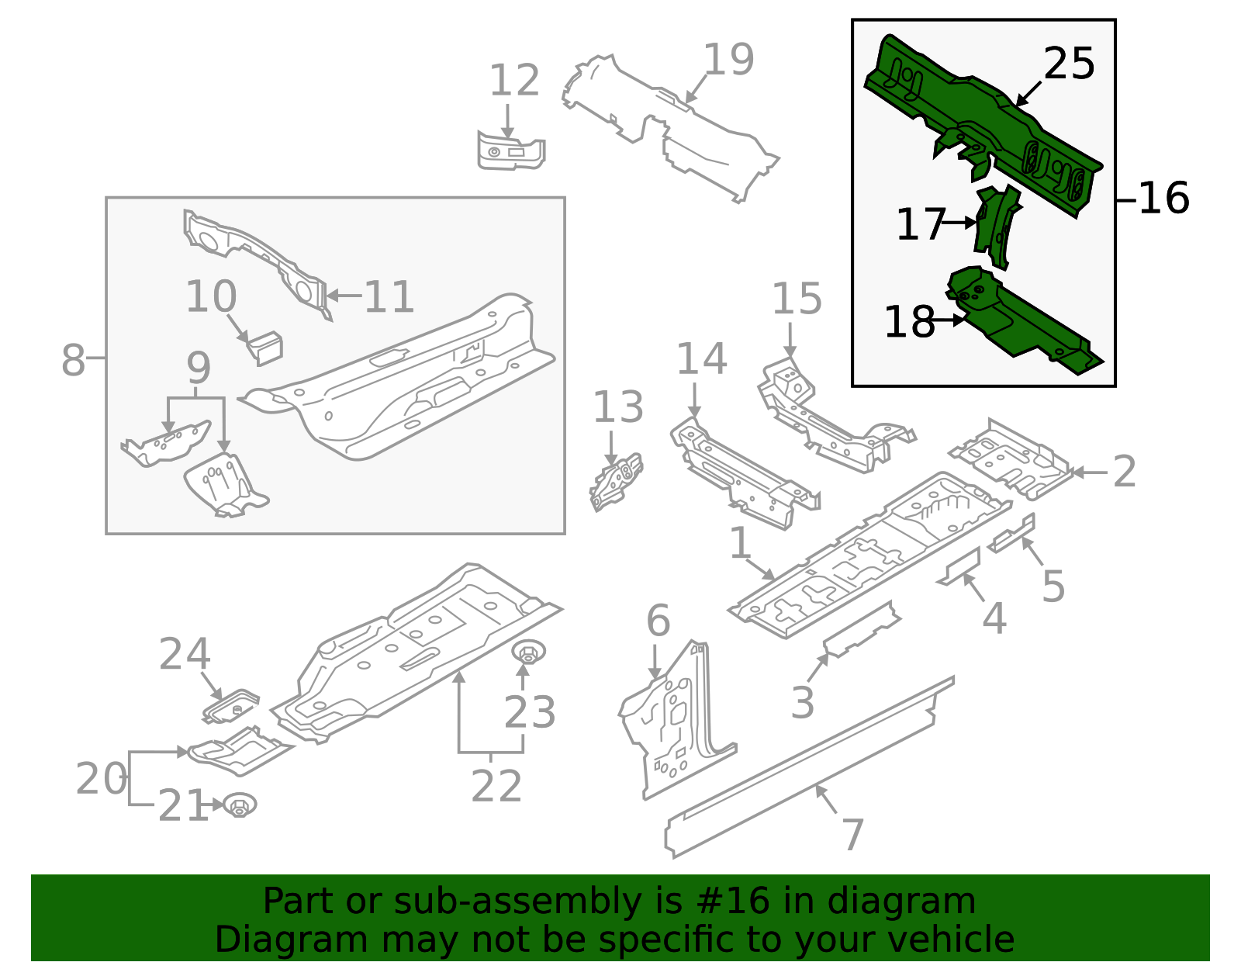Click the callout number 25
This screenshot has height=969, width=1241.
[1069, 64]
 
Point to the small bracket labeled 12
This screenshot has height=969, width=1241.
[510, 151]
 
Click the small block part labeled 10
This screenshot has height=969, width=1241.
[265, 348]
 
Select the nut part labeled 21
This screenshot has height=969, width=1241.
[240, 805]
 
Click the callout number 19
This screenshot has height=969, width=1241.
[728, 60]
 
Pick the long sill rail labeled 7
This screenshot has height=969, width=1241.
[807, 768]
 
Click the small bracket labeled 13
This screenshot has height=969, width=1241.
[616, 481]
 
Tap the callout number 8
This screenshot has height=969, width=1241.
[73, 361]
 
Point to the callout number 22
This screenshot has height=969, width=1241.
[496, 787]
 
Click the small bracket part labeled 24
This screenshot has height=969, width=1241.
[231, 706]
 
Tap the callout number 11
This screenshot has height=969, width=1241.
[389, 296]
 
